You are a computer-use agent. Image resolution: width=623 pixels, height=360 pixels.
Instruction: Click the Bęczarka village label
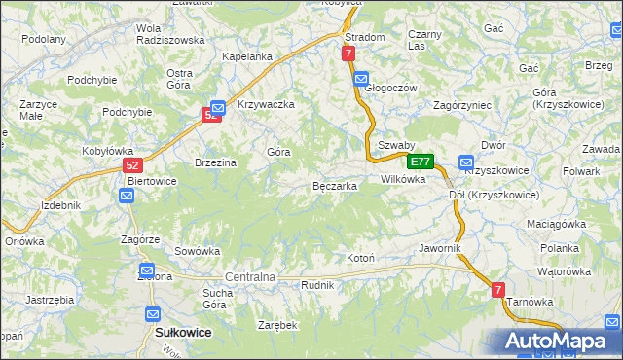coord(334,186)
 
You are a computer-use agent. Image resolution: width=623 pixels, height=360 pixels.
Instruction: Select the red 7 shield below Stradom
coord(348,55)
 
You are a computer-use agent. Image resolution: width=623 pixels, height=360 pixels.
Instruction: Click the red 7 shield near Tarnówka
coord(497,290)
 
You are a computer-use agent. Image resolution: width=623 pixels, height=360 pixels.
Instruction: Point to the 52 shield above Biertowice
coord(134,165)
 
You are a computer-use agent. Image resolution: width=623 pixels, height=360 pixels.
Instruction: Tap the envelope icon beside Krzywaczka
coord(218,107)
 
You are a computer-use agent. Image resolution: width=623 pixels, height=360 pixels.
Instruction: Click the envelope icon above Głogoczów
coord(361,79)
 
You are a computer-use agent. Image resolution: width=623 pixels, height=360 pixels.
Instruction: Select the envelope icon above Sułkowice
coord(153,314)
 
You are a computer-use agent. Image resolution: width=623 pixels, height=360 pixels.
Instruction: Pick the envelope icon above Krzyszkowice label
coord(465,163)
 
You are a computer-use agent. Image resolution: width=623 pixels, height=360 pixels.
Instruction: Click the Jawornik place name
coord(439,248)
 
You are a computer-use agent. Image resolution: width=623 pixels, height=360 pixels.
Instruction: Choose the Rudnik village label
coord(318,285)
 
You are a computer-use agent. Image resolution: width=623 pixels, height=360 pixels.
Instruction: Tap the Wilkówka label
coord(403,179)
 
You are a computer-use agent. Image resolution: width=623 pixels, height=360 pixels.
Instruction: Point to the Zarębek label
coord(276,325)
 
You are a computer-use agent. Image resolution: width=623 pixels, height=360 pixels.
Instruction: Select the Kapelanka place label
coord(247,56)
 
